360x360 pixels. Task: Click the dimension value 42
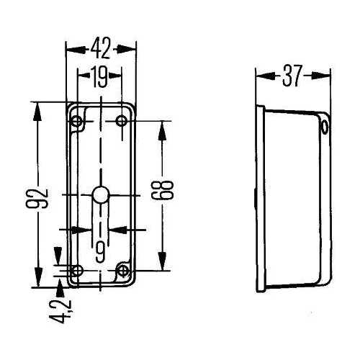[101, 49]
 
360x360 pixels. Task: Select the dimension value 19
[100, 74]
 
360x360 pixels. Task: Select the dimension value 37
[293, 75]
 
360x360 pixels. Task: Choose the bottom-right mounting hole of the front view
[123, 271]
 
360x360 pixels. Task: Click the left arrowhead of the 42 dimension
[70, 49]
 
